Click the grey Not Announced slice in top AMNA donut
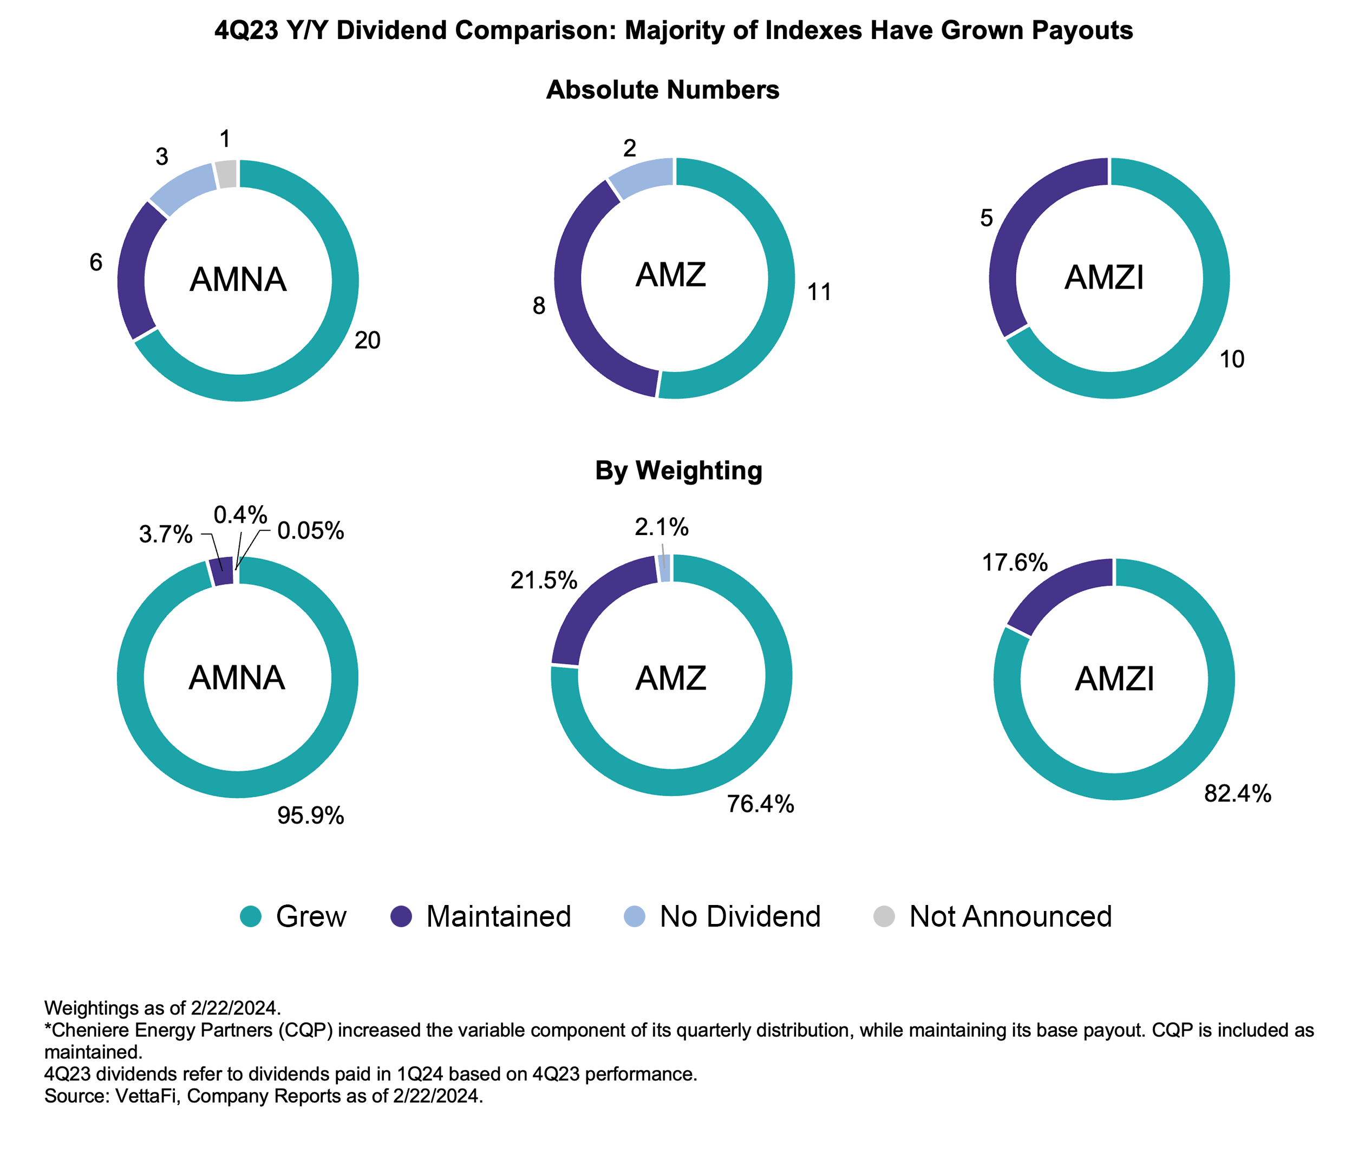click(x=226, y=173)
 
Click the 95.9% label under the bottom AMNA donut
click(x=310, y=816)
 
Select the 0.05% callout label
click(x=310, y=531)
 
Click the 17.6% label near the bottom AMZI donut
click(x=1015, y=562)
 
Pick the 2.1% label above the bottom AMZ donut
click(x=662, y=527)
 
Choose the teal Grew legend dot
click(x=251, y=917)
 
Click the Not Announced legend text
click(x=1010, y=917)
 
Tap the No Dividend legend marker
click(x=634, y=917)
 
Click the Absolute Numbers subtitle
click(x=662, y=89)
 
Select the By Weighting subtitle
click(x=678, y=470)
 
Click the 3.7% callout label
click(x=166, y=535)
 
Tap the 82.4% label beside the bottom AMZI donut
click(x=1237, y=793)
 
